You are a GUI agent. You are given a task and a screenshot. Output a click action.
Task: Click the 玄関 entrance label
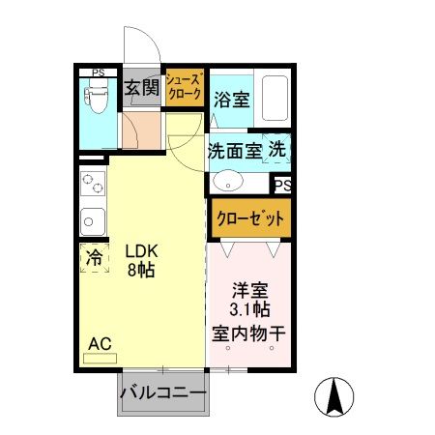pyautogui.click(x=141, y=89)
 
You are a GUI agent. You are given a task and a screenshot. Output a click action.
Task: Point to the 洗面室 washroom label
pyautogui.click(x=234, y=151)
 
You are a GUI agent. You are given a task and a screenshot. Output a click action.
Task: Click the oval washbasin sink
pyautogui.click(x=228, y=181)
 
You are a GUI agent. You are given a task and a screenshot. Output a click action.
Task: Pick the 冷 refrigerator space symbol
pyautogui.click(x=95, y=258)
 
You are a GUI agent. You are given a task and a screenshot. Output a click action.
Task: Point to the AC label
pyautogui.click(x=100, y=343)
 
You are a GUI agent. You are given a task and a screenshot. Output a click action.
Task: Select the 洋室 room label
pyautogui.click(x=249, y=289)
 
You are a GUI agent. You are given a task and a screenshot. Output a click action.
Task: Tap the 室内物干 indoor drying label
pyautogui.click(x=249, y=333)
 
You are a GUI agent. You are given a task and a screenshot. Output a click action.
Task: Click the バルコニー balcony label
pyautogui.click(x=162, y=394)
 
